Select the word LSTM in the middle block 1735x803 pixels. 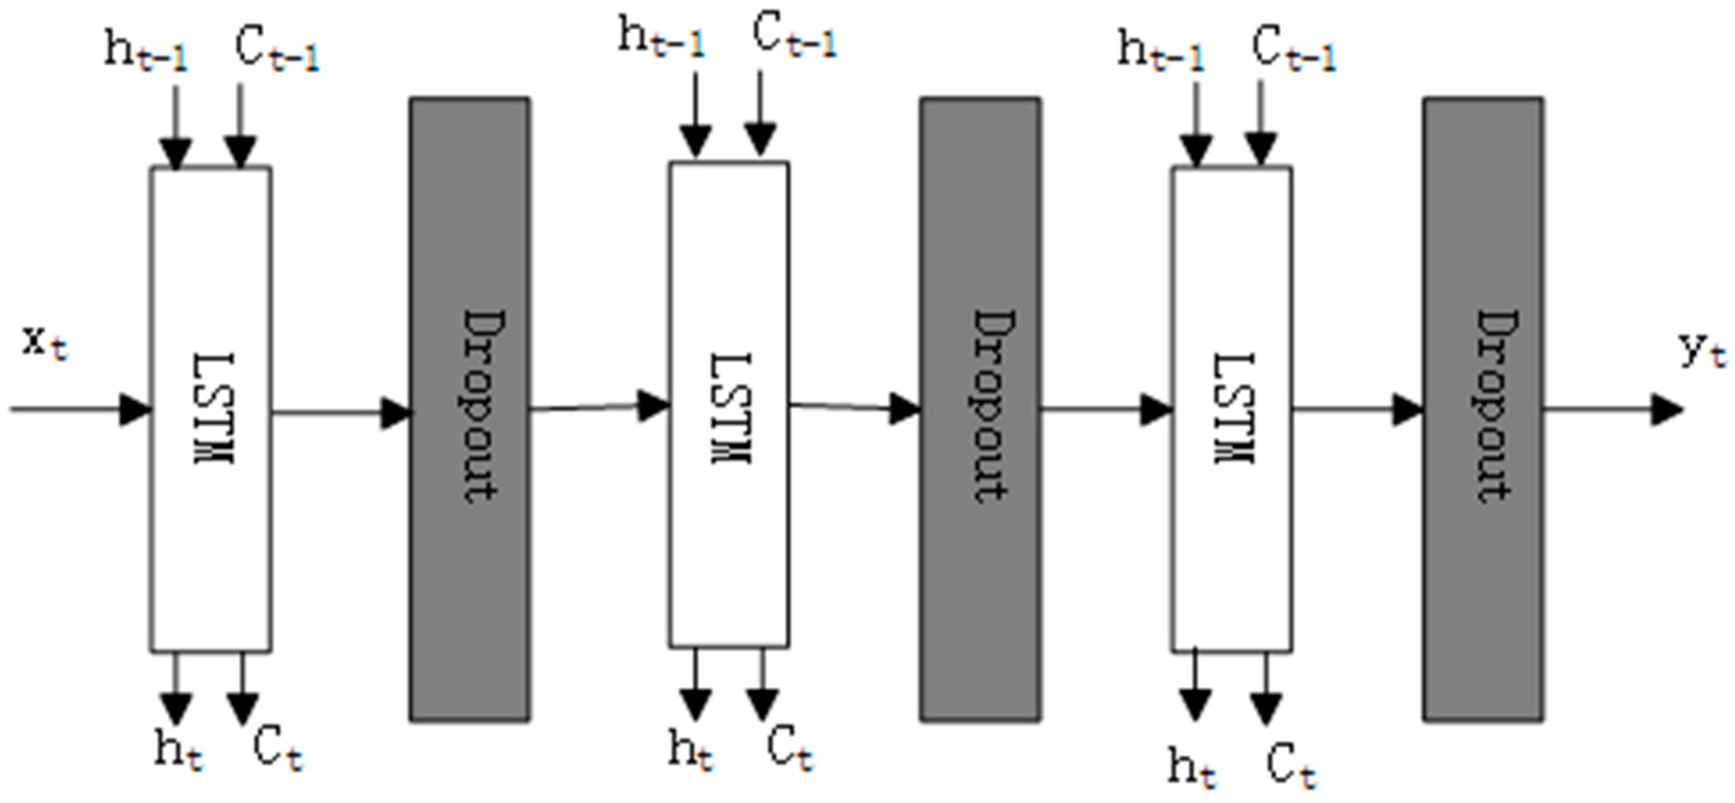731,408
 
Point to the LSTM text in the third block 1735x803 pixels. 1234,408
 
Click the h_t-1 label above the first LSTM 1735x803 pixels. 146,51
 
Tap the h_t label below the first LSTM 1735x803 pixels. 178,750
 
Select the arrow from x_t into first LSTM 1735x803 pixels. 81,409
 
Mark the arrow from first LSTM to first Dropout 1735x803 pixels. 340,412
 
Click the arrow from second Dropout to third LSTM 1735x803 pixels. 1104,409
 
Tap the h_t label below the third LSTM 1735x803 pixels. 1192,768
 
